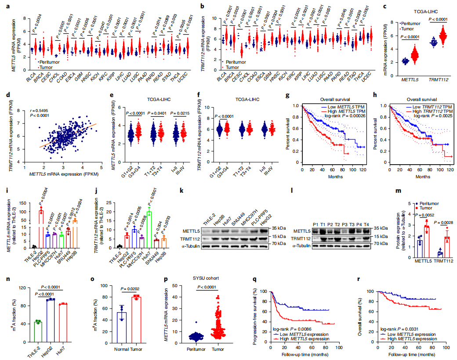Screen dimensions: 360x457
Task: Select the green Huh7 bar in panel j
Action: point(149,228)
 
